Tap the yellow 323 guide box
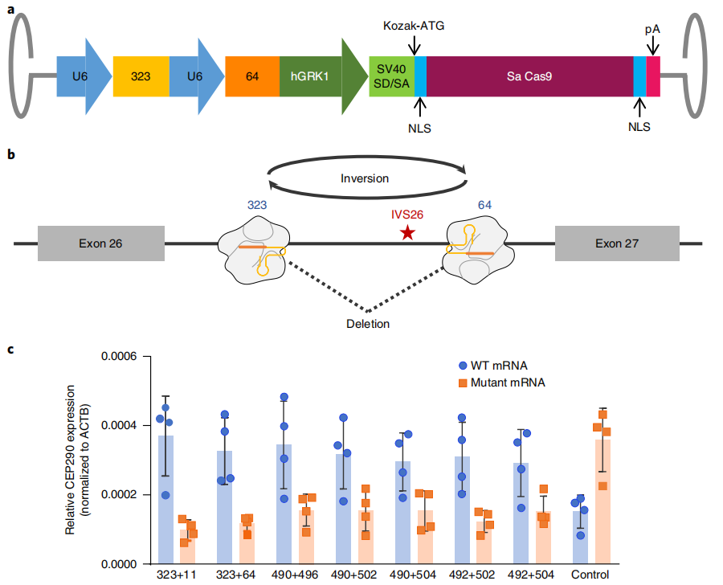[141, 77]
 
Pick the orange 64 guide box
[251, 77]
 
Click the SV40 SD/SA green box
[391, 77]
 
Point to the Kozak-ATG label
[413, 25]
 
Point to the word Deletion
[369, 324]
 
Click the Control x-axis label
[589, 575]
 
